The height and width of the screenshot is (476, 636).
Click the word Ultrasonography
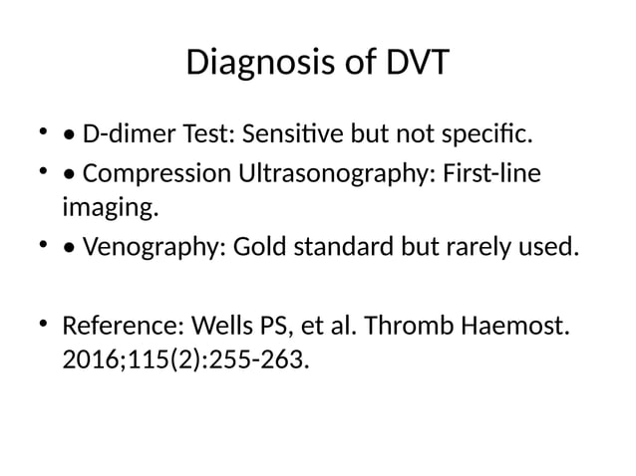pyautogui.click(x=319, y=175)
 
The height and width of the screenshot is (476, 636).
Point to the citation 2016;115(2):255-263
pyautogui.click(x=185, y=358)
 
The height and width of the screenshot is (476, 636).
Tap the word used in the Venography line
pyautogui.click(x=550, y=246)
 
